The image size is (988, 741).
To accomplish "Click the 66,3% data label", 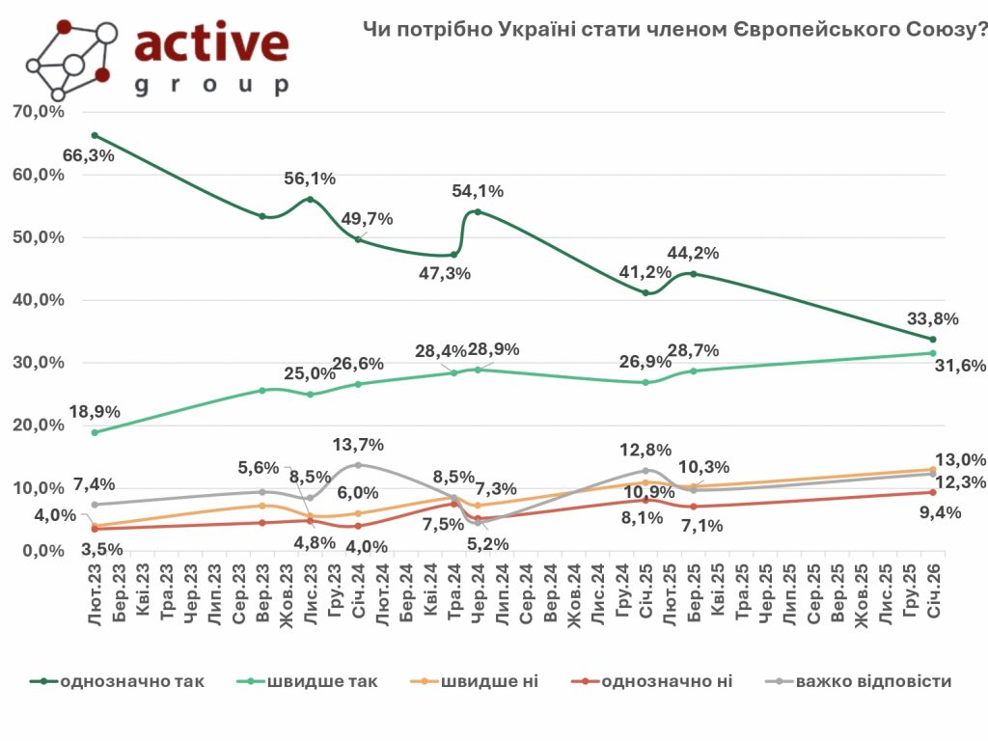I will pyautogui.click(x=90, y=154).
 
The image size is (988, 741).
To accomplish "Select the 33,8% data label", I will pyautogui.click(x=933, y=317).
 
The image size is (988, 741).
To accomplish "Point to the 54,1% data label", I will pyautogui.click(x=477, y=191).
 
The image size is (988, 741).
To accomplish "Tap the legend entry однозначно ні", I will pyautogui.click(x=666, y=682).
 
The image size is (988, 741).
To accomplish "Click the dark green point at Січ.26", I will pyautogui.click(x=933, y=339).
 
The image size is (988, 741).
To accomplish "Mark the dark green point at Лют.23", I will pyautogui.click(x=95, y=135).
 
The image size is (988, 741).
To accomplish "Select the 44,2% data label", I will pyautogui.click(x=695, y=254).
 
